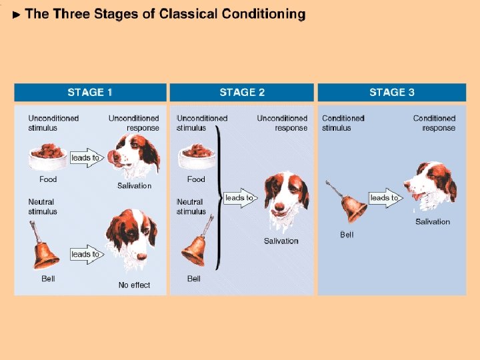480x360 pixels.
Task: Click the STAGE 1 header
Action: point(90,92)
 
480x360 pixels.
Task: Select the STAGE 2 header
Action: point(242,92)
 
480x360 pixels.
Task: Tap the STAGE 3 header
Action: point(392,92)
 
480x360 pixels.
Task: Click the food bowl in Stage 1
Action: point(48,155)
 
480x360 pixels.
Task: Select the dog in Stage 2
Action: point(285,199)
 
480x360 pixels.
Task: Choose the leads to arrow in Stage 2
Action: point(240,198)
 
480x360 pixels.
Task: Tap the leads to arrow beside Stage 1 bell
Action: point(87,254)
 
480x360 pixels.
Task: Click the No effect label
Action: point(134,285)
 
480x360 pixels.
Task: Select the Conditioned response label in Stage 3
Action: point(434,123)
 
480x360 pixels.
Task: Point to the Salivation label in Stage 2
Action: point(281,241)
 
